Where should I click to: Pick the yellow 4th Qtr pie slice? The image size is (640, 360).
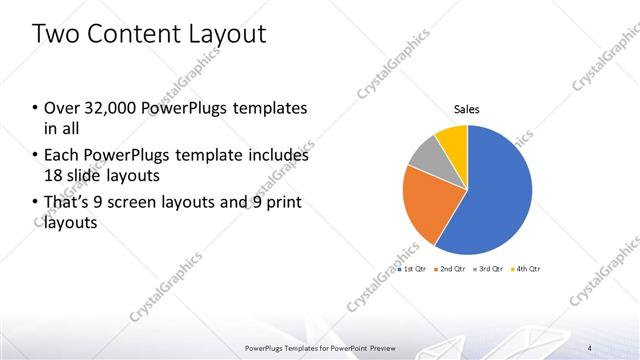tap(453, 139)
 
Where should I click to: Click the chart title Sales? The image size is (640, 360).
tap(467, 109)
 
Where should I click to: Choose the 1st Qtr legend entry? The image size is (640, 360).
tap(412, 269)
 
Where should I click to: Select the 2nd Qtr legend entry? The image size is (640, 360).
tap(450, 269)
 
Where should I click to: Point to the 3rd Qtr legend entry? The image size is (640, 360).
tap(488, 269)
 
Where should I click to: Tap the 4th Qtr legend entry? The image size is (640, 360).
tap(526, 269)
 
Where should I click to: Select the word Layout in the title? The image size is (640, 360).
tap(225, 35)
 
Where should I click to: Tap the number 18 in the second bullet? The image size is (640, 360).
tap(54, 176)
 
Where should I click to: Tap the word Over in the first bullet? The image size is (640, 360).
tap(61, 109)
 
